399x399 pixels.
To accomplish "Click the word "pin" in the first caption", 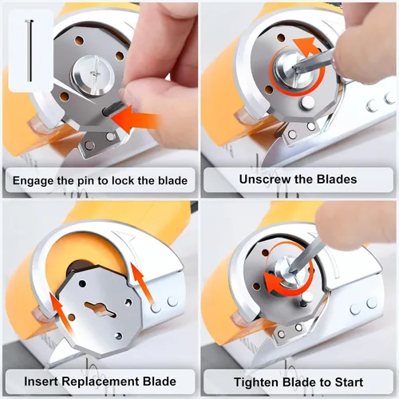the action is (87, 181).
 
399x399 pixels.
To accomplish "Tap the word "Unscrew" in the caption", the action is (263, 180).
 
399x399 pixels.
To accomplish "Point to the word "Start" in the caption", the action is (349, 382).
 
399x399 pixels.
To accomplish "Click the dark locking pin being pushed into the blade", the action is (111, 109).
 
